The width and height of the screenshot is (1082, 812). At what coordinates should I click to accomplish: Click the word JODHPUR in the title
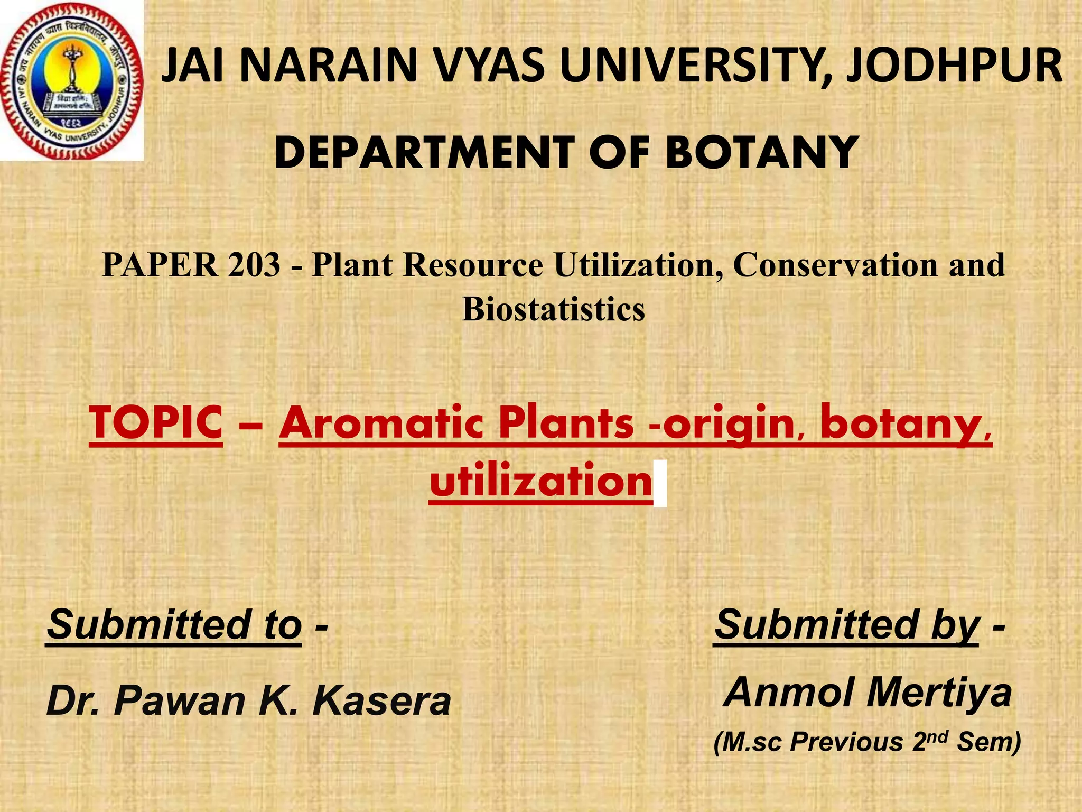tap(954, 66)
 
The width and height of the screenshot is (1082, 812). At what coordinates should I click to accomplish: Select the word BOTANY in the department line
tap(761, 153)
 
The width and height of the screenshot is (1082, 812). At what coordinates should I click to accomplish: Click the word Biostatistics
tap(554, 309)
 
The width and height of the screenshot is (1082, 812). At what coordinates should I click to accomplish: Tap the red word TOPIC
tap(156, 422)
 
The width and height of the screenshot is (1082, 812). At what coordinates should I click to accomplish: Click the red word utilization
tap(541, 481)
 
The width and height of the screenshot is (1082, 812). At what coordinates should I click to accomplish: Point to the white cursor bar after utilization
tap(660, 484)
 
